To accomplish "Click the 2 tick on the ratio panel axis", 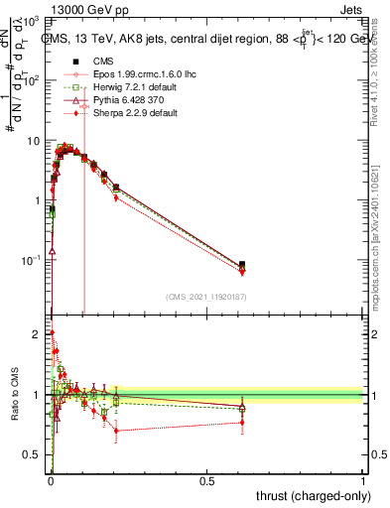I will point(40,334).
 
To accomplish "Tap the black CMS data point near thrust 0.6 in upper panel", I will point(242,265).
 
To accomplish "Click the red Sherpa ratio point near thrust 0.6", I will point(242,423).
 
